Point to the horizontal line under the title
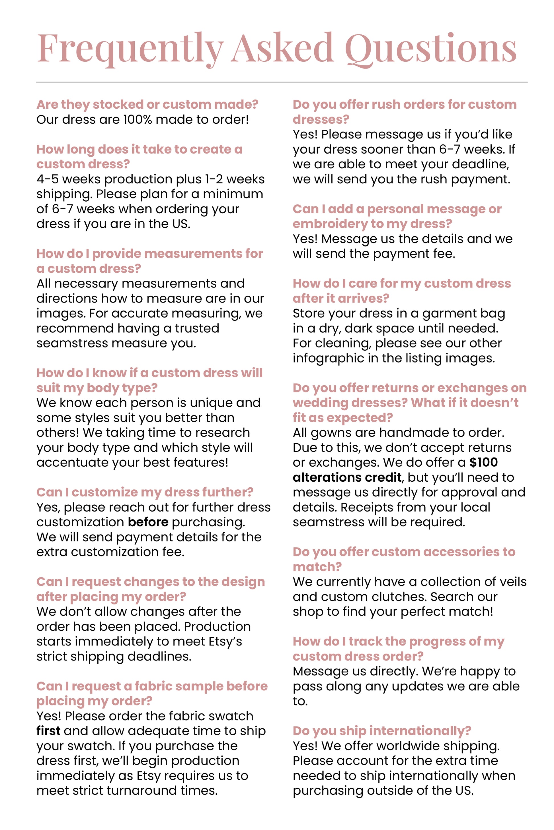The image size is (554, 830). (282, 82)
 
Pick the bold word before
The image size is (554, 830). (148, 522)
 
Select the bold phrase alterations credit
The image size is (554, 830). (347, 477)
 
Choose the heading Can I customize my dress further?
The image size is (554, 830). (145, 492)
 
